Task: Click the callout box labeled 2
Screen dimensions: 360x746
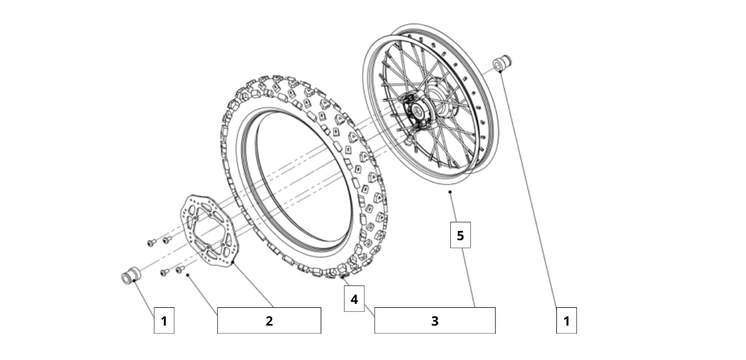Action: pyautogui.click(x=269, y=320)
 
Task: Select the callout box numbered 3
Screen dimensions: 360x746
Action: pyautogui.click(x=434, y=320)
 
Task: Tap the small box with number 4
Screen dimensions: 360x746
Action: pyautogui.click(x=354, y=299)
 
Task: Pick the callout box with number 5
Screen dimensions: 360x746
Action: pyautogui.click(x=460, y=235)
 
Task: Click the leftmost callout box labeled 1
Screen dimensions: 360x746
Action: pyautogui.click(x=164, y=320)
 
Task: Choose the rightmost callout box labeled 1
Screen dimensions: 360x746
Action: pyautogui.click(x=566, y=320)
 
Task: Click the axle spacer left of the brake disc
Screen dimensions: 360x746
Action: pyautogui.click(x=129, y=276)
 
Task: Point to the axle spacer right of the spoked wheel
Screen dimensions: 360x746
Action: pyautogui.click(x=502, y=63)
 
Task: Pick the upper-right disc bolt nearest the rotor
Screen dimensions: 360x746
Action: pyautogui.click(x=167, y=240)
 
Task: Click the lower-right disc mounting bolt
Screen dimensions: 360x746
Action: pyautogui.click(x=179, y=269)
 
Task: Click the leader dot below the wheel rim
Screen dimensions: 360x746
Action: pyautogui.click(x=450, y=192)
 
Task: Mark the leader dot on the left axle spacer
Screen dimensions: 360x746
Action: pyautogui.click(x=134, y=281)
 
